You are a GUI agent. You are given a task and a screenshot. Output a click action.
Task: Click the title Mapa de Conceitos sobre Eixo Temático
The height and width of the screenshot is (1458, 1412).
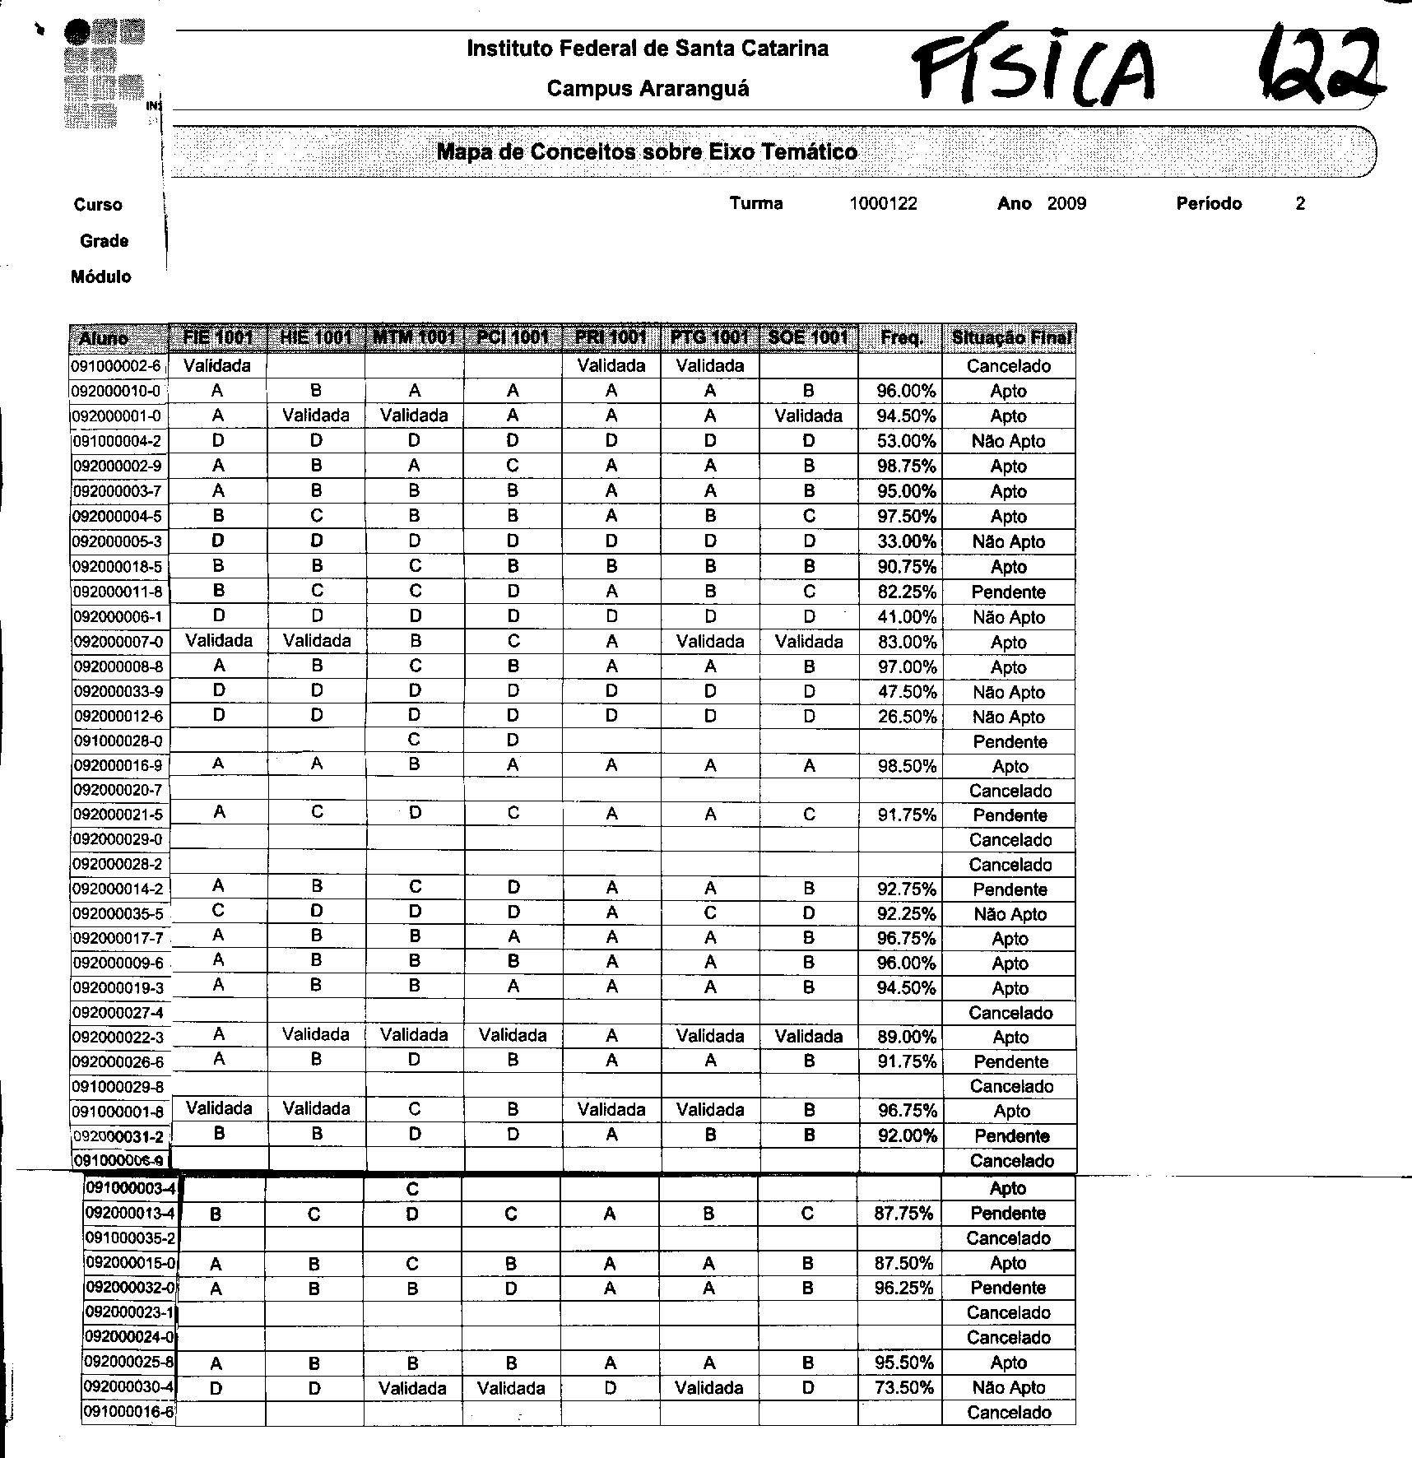[647, 151]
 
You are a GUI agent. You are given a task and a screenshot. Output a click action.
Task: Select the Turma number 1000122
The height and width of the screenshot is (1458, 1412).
[883, 204]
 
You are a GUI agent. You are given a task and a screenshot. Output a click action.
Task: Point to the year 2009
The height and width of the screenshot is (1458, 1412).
[1066, 204]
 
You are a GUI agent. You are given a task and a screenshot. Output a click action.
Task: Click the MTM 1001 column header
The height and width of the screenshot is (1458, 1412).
[414, 337]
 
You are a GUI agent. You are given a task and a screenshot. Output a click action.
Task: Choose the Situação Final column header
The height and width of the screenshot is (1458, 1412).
[1010, 337]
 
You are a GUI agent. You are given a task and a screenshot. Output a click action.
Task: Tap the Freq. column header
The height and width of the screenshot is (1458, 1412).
[901, 337]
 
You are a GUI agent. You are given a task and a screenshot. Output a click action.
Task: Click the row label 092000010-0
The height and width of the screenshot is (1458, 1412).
[118, 392]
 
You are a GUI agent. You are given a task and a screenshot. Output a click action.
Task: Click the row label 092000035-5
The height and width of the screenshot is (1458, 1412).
[118, 914]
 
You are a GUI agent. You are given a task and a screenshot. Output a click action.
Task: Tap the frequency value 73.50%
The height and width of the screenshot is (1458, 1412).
[903, 1388]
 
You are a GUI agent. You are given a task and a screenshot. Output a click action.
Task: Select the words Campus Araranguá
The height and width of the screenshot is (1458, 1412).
[648, 89]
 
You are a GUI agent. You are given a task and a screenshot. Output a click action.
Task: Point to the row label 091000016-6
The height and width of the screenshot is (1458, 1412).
[129, 1413]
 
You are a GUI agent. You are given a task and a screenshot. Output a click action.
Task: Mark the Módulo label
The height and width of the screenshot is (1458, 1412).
[100, 277]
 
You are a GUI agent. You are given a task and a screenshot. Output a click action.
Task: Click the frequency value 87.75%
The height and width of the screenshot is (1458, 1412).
[903, 1214]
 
